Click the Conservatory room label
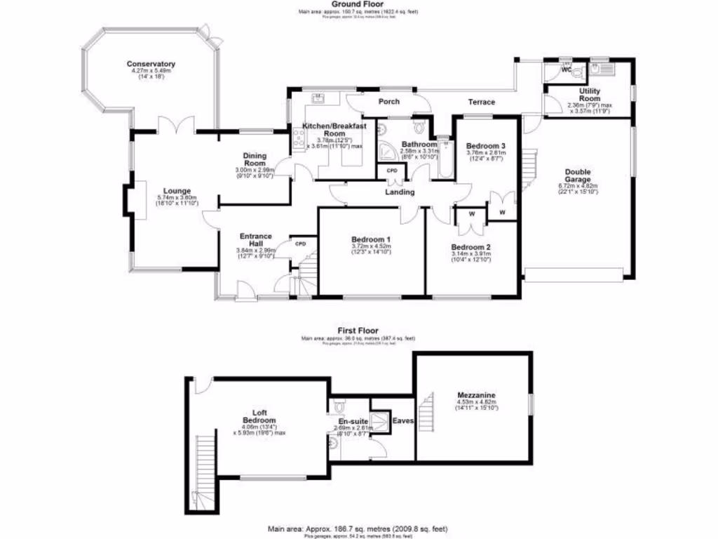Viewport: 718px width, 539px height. (x=151, y=64)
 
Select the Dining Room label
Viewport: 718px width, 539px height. (x=254, y=159)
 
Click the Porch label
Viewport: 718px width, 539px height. (x=389, y=102)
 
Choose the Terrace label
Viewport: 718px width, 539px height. (x=482, y=102)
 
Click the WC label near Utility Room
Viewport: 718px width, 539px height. (x=566, y=71)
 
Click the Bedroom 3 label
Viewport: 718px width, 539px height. (x=486, y=146)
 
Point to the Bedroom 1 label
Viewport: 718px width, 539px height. (x=371, y=239)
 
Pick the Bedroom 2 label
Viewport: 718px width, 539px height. (x=470, y=247)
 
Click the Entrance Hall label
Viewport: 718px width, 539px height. (x=255, y=240)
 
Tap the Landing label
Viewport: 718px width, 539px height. (x=400, y=192)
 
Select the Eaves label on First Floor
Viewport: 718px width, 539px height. (x=403, y=421)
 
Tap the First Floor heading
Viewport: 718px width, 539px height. (x=358, y=331)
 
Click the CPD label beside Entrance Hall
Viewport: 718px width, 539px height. (x=301, y=244)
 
